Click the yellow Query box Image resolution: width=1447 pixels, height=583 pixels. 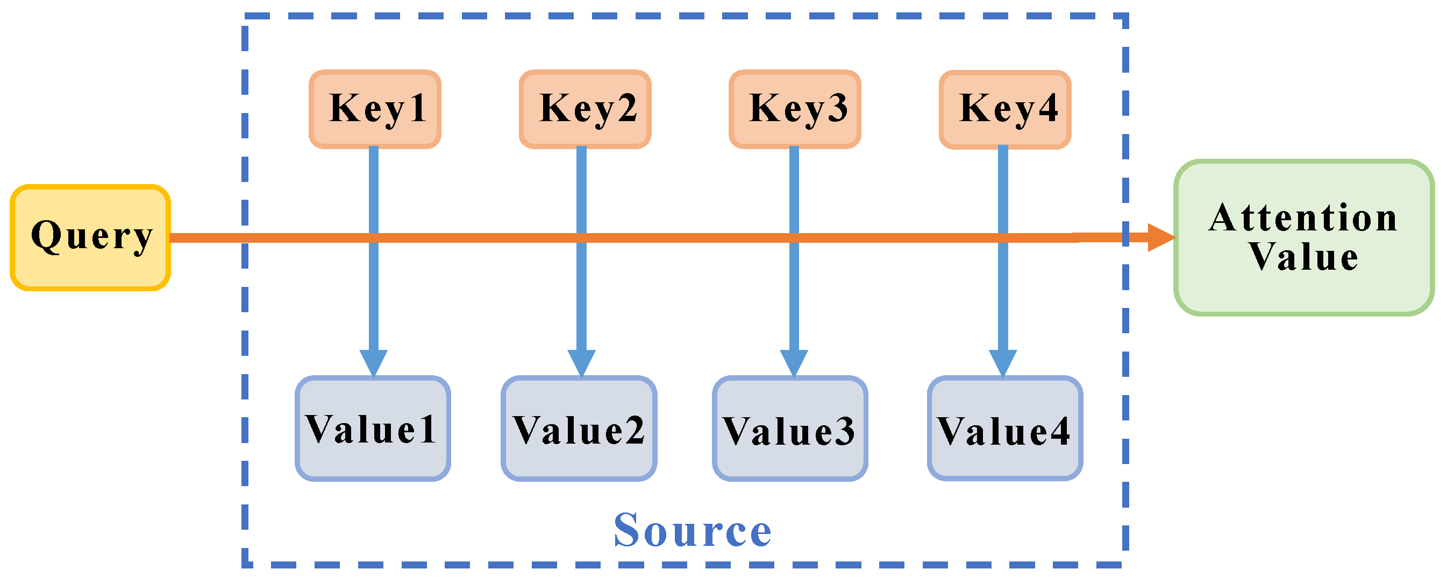point(90,237)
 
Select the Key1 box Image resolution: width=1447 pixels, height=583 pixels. point(375,109)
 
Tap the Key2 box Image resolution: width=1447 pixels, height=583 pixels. point(584,109)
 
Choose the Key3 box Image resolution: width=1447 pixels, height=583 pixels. point(794,109)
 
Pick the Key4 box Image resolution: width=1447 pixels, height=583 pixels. point(1005,109)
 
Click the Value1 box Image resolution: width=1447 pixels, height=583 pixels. point(373,429)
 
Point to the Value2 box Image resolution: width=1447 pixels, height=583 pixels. point(579,429)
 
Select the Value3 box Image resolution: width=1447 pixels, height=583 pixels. point(790,429)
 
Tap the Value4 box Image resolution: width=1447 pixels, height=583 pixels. point(1004,429)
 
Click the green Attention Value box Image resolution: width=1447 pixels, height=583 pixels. point(1303,237)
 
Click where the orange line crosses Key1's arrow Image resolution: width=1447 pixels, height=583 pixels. point(374,238)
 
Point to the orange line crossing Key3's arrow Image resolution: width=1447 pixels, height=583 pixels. point(794,238)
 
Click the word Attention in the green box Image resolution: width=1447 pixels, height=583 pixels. point(1303,218)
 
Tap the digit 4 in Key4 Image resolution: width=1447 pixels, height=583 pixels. point(1047,108)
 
